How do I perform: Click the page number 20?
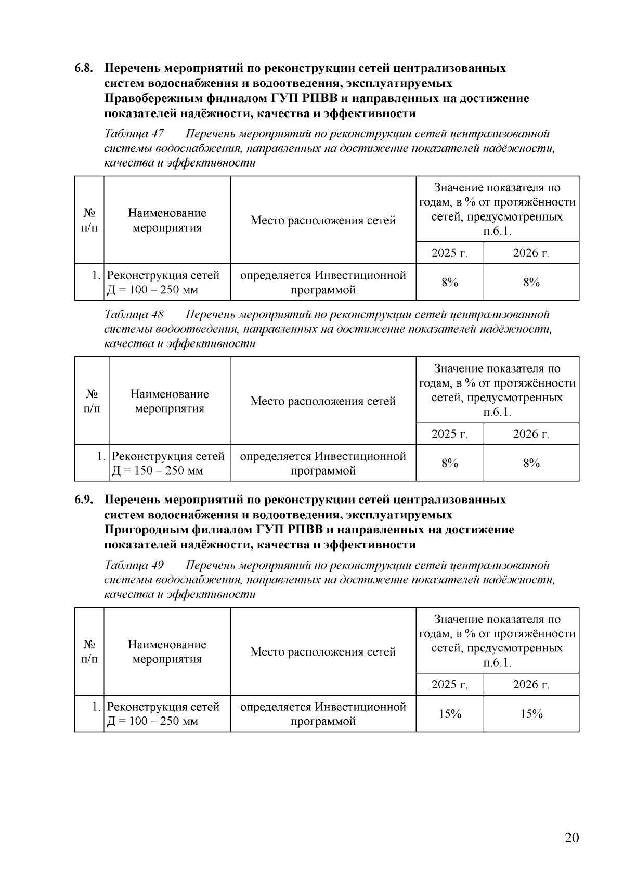pos(571,837)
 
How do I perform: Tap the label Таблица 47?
pos(134,134)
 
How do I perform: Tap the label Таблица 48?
pos(134,315)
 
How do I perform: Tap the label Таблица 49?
pos(134,566)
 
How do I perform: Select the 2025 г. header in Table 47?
pos(449,253)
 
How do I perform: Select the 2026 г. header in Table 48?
pos(531,434)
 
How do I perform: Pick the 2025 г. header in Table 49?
pos(449,685)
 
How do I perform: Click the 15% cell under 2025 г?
pos(450,714)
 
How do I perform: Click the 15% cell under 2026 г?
pos(531,714)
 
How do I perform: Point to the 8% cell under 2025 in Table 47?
pos(450,283)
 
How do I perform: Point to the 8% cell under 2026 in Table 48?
pos(531,463)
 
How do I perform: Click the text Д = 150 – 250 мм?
pos(158,471)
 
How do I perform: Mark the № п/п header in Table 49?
pos(90,651)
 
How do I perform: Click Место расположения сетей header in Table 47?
pos(323,221)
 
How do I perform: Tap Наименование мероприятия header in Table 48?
pos(170,401)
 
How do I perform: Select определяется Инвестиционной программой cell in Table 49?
pos(323,714)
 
